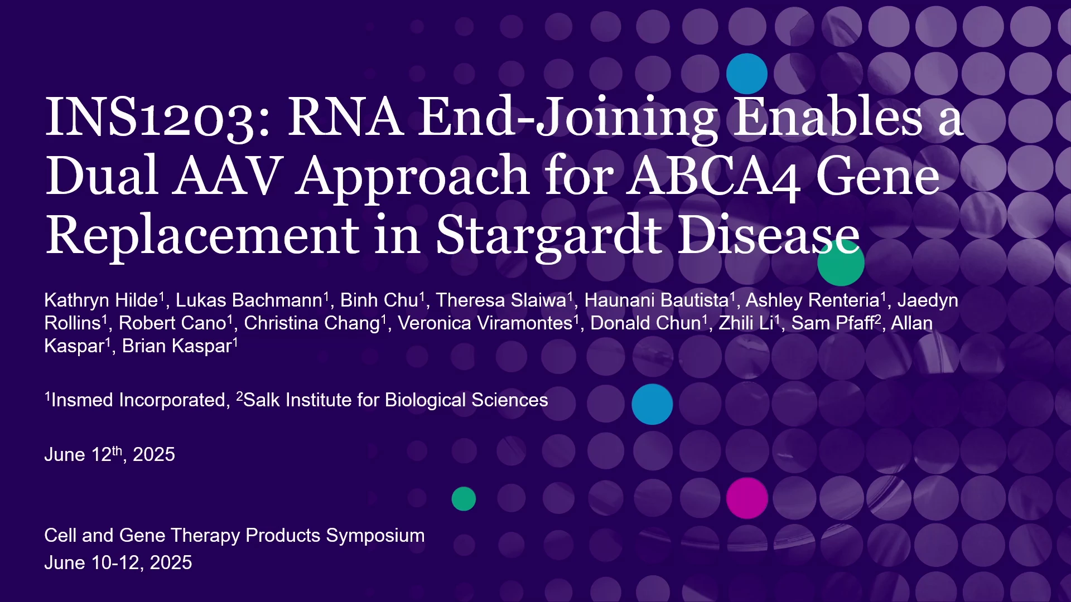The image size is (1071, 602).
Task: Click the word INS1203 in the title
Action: pos(158,118)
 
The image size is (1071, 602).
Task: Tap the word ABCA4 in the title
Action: pos(713,177)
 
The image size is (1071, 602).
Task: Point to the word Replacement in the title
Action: pos(202,236)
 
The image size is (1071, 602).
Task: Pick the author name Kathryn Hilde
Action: pos(101,300)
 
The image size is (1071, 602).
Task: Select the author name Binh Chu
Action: pos(379,300)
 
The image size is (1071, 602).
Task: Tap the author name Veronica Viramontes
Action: pos(485,323)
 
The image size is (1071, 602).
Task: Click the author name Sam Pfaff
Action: pos(832,323)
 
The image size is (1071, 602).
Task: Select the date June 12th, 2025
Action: pos(109,454)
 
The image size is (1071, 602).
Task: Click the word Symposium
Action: pos(375,536)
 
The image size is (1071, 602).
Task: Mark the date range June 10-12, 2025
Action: pos(118,563)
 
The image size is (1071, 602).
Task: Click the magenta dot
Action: pos(747,498)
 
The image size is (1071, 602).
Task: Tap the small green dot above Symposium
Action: pos(464,499)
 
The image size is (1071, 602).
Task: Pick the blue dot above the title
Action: pos(747,74)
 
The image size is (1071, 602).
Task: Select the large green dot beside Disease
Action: pos(841,263)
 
